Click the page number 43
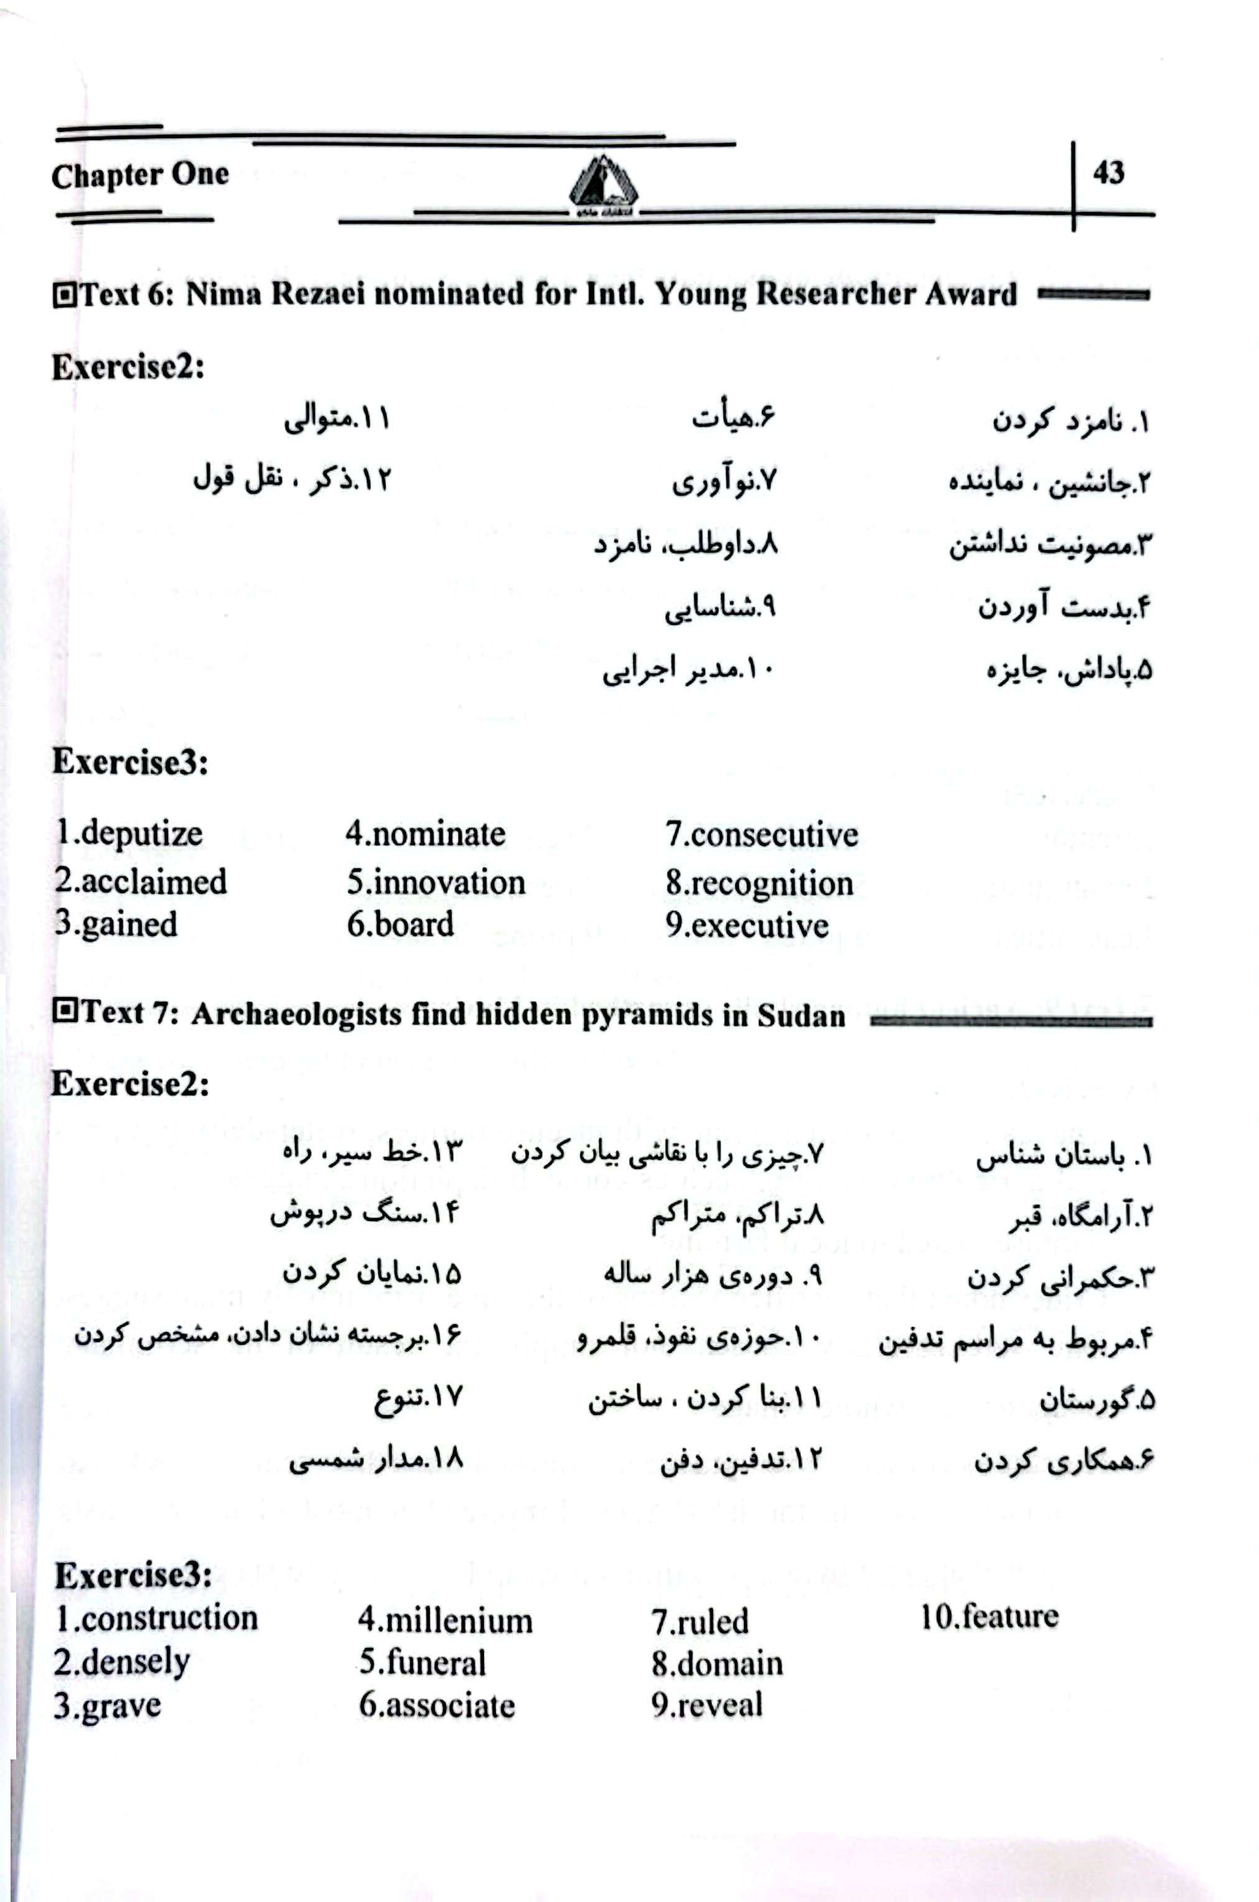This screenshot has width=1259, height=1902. [1108, 172]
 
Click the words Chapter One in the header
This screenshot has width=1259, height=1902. [140, 175]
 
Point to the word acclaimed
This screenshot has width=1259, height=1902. [154, 881]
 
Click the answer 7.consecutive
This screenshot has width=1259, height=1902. [761, 835]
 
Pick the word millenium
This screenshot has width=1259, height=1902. [458, 1620]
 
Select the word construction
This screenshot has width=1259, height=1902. [169, 1618]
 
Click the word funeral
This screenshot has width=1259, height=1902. [435, 1662]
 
